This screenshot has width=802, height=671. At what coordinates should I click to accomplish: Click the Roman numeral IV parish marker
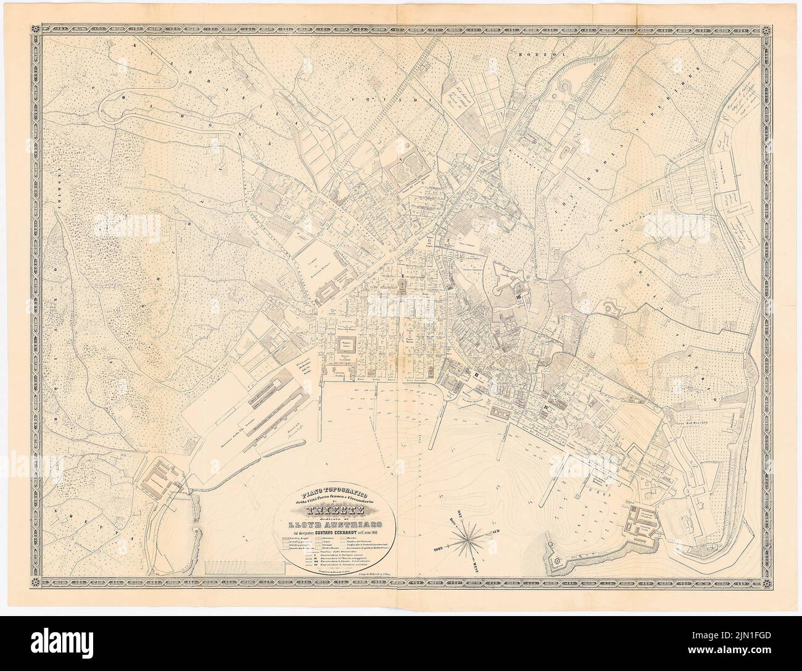[x=547, y=408]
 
